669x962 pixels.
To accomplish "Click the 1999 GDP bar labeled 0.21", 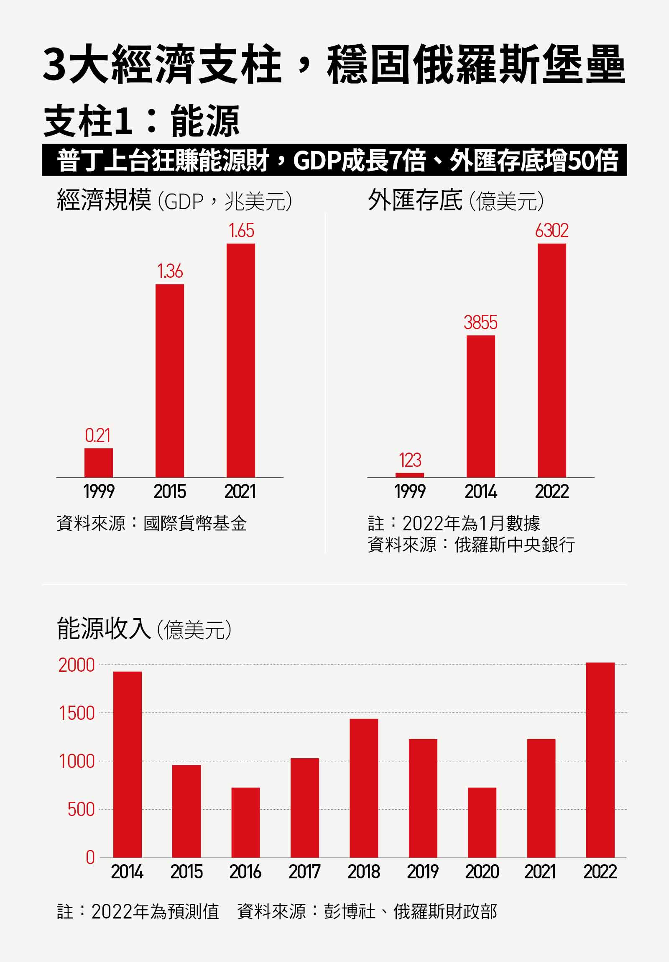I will click(x=98, y=463).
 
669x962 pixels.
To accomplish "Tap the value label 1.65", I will click(x=241, y=231).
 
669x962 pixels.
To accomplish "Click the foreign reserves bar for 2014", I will click(x=480, y=406).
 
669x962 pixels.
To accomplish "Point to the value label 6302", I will click(x=552, y=231).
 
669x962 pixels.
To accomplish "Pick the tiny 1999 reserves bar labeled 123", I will click(x=410, y=475).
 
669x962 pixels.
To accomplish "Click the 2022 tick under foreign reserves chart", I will click(x=552, y=491).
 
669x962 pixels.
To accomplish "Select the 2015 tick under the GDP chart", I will click(x=170, y=491).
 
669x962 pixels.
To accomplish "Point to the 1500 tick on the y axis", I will click(x=77, y=714).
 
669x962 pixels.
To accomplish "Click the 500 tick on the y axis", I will click(x=81, y=809).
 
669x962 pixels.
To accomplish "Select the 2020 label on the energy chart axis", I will click(x=482, y=872).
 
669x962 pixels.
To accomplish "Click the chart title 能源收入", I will click(x=103, y=629).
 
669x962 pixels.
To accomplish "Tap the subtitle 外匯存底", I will click(x=415, y=200).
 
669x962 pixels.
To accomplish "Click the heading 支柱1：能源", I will click(x=141, y=122).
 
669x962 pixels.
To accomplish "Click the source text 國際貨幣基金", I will click(x=195, y=523).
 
